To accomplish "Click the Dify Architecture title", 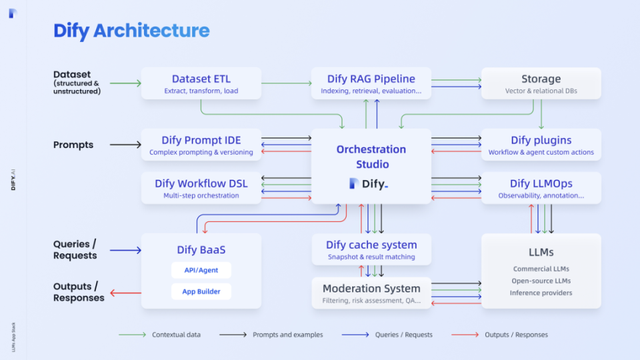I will point(131,31).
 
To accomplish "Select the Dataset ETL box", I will point(201,83).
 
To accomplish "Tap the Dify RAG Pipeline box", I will point(371,83).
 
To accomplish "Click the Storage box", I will point(541,83).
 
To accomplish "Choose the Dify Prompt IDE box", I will point(201,145).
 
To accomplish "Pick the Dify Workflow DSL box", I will point(201,188).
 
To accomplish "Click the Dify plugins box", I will point(541,145).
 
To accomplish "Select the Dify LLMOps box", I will point(541,188).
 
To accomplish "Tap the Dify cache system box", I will point(371,249).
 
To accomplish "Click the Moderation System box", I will point(371,293).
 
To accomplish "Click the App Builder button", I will point(201,291).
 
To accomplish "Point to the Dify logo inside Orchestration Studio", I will point(368,183).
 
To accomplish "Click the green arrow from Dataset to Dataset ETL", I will point(125,83).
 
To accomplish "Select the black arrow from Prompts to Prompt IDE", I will point(125,145).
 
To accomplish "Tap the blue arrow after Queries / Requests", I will point(125,250).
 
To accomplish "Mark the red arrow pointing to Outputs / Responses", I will point(125,292).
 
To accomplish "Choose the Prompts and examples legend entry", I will point(271,335).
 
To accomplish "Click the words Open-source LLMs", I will point(541,281).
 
